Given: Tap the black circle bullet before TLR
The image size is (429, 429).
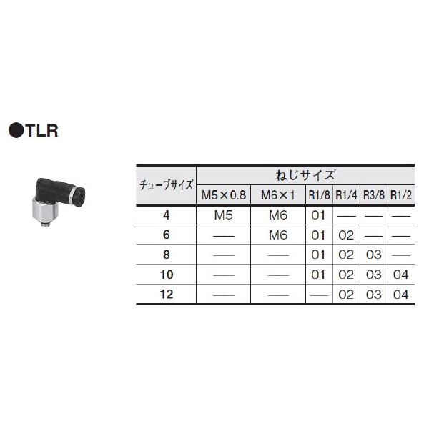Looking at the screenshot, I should [15, 131].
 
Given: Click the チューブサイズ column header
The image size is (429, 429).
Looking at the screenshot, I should [166, 184].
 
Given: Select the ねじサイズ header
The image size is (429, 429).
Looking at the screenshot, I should [305, 174].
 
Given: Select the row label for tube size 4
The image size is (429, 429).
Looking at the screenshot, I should [166, 214].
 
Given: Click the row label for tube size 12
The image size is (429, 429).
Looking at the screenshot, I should [166, 295].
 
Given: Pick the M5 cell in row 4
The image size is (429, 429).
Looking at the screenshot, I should [222, 214].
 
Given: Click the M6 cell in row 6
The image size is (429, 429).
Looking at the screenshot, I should [277, 234].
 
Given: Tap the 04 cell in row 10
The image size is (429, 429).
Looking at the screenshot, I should [401, 275].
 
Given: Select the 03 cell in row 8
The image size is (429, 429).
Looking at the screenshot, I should [374, 254].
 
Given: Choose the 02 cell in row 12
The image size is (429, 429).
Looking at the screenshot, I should [345, 295].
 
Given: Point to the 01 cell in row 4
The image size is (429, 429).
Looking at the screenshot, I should [317, 214].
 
